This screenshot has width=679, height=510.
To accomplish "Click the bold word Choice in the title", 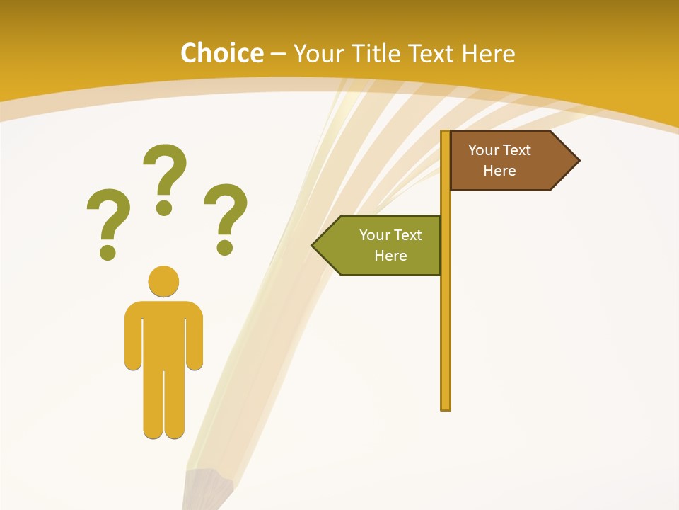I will (221, 53).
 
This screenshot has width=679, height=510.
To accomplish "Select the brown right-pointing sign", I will (509, 161).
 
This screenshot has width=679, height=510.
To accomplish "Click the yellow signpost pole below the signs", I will (446, 340).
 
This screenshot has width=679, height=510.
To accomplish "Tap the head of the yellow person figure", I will (163, 281).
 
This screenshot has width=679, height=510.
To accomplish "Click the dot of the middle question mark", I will (164, 208).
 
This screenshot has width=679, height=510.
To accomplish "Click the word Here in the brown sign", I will (499, 171).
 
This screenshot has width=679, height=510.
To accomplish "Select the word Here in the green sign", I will (390, 256).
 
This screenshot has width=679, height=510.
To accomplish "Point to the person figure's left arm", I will (132, 336).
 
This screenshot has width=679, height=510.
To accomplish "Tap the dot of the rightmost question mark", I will (225, 247).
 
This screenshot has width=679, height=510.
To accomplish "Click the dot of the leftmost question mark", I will (108, 251).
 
